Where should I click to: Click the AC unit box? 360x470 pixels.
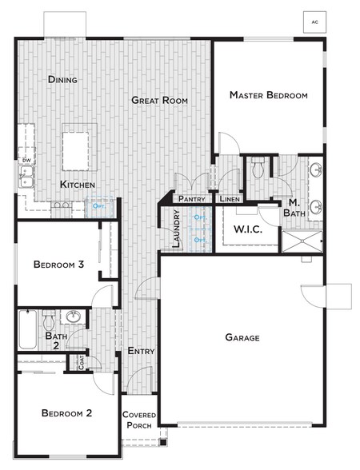tap(314, 22)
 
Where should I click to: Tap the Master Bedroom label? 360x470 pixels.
tap(268, 95)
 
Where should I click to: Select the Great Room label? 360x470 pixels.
tap(160, 100)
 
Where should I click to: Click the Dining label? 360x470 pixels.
tap(62, 79)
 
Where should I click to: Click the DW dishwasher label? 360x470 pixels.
tap(26, 161)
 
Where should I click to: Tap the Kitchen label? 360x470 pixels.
tap(78, 185)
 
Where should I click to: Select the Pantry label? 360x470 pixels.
tap(192, 199)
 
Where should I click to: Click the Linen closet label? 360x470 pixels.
tap(229, 199)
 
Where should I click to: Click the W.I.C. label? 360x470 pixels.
tap(249, 229)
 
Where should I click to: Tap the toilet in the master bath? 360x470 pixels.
tap(258, 169)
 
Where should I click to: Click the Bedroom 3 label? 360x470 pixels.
tap(58, 265)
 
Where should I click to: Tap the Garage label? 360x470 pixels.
tap(242, 337)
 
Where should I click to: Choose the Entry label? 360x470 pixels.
tap(141, 351)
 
